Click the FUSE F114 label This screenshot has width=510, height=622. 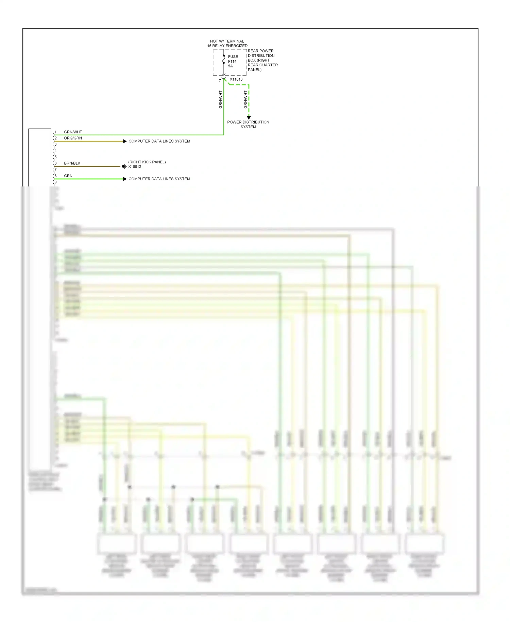click(233, 59)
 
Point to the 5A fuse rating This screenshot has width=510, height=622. click(230, 66)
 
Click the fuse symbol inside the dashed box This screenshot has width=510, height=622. click(223, 60)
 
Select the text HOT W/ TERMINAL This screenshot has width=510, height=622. click(227, 41)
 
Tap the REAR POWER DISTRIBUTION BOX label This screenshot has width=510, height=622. click(262, 60)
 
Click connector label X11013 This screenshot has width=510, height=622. click(236, 79)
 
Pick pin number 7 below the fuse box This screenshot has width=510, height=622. click(220, 81)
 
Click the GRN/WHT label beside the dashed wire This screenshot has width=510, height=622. click(245, 99)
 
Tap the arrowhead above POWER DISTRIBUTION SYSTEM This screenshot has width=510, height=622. click(249, 117)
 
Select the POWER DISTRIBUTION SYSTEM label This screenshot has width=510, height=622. click(248, 124)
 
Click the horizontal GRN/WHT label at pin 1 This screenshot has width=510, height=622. click(73, 132)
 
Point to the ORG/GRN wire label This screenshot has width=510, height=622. click(73, 138)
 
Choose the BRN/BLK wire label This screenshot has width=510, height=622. click(72, 163)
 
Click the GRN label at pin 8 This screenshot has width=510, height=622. click(68, 176)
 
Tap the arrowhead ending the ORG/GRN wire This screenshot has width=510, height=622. click(125, 141)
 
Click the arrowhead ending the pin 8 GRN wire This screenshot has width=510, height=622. click(125, 179)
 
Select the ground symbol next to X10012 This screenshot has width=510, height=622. click(124, 166)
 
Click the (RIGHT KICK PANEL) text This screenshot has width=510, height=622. click(147, 162)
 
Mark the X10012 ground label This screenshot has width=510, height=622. click(135, 167)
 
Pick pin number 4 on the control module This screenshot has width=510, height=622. click(56, 151)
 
